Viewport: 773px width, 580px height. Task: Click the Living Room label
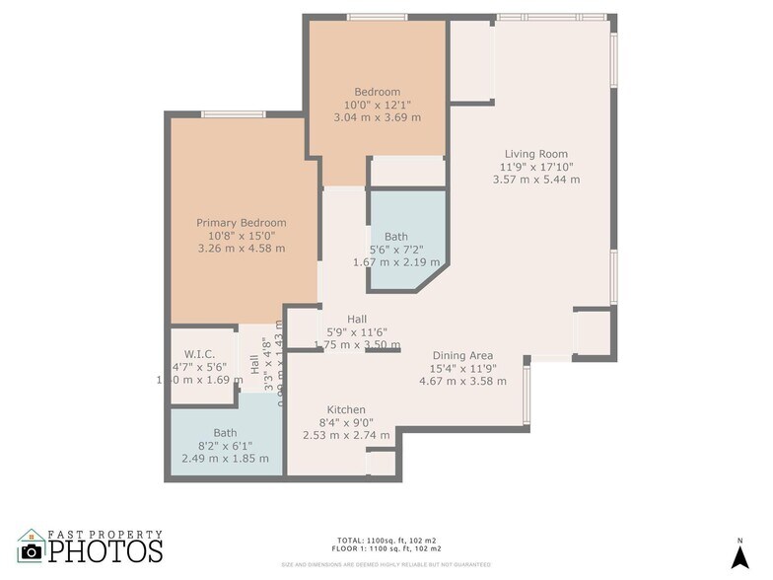coord(536,154)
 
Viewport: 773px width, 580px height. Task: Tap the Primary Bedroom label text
coord(241,223)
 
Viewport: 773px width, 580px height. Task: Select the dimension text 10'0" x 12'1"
coord(377,105)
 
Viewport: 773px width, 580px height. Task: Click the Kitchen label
coord(346,410)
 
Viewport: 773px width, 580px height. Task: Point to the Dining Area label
coord(462,356)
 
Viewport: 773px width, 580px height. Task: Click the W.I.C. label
coord(200,353)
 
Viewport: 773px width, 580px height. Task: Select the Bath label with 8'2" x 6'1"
coord(225,433)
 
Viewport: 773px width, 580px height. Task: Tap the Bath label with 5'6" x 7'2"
coord(395,237)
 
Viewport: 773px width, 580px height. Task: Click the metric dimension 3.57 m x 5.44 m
coord(536,180)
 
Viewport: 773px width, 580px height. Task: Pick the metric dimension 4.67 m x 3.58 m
coord(462,382)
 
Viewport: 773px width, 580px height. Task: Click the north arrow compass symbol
coord(739,555)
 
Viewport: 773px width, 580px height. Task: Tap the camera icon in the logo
coord(33,550)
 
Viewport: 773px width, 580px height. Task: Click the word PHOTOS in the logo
coord(105,550)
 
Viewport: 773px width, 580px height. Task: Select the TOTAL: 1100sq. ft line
coord(387,541)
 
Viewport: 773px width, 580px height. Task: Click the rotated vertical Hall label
coord(254,364)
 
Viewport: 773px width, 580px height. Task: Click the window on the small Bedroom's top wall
coord(379,17)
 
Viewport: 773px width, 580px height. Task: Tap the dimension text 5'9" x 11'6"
coord(357,332)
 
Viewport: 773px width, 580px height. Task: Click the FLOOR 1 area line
coord(387,548)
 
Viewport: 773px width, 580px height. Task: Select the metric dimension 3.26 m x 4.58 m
coord(241,249)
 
